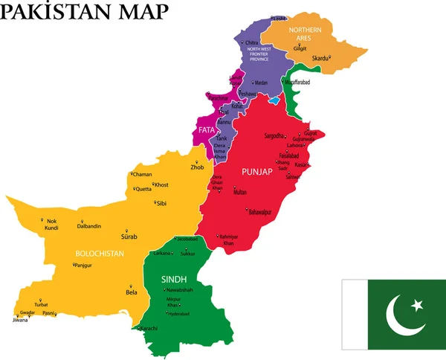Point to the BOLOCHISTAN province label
click(99, 254)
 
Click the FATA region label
click(206, 130)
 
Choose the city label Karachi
click(148, 328)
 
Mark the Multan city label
click(240, 192)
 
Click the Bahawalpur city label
click(262, 212)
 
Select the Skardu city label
click(320, 57)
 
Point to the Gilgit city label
click(300, 48)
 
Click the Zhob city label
click(197, 167)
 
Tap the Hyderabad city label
click(178, 314)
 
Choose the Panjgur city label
click(87, 265)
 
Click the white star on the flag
click(416, 305)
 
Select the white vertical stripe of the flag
click(355, 315)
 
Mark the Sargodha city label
click(274, 136)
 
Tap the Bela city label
click(132, 292)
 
